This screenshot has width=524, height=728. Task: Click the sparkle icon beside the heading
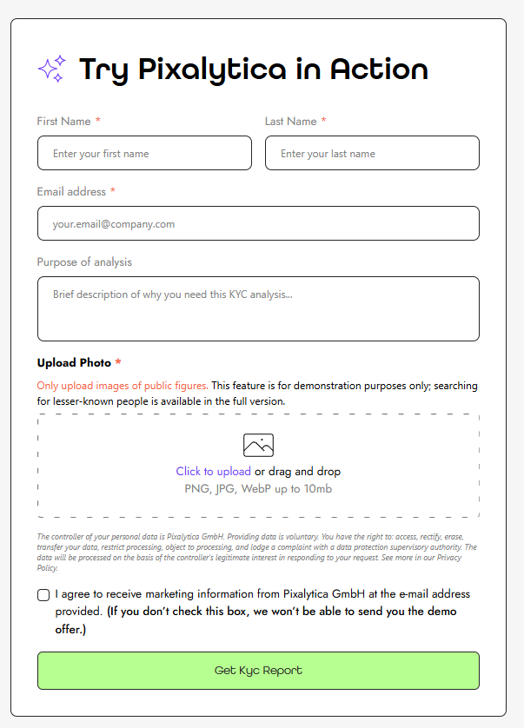(52, 69)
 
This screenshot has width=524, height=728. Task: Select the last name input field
(372, 153)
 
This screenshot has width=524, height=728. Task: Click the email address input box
(258, 223)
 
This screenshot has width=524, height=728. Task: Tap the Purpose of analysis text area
(258, 308)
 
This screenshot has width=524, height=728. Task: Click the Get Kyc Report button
(258, 671)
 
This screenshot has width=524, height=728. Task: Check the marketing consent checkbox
(43, 595)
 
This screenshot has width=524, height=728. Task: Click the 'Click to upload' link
(213, 472)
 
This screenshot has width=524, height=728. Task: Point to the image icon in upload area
(258, 446)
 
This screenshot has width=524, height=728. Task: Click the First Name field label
(63, 122)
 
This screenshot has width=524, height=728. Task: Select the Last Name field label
(290, 122)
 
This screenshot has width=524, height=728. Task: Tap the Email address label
(71, 192)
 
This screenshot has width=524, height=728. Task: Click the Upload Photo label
(74, 363)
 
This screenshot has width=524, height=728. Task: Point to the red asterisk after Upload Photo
(118, 362)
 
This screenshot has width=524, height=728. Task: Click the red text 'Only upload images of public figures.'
(123, 386)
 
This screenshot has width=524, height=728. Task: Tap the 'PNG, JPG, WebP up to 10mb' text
(258, 489)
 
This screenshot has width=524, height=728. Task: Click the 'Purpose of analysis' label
(84, 262)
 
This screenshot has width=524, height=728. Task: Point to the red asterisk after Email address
(113, 191)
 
